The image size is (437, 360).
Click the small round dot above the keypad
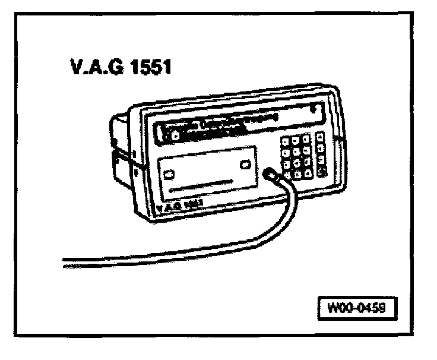coord(313,110)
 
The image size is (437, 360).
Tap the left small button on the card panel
coord(170,175)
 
